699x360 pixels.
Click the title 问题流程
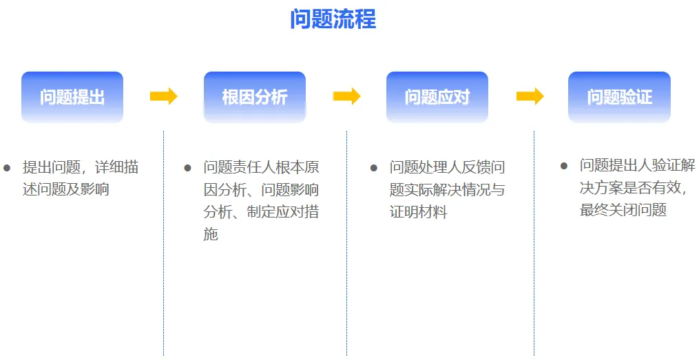333,19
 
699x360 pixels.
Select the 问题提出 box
72,97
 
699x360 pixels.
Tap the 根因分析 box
255,97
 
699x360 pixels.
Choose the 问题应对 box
437,97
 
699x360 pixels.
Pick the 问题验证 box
619,97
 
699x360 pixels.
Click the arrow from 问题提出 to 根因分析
163,96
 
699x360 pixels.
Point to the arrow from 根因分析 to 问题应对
346,96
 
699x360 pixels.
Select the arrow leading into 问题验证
530,96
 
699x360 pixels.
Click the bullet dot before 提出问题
7,167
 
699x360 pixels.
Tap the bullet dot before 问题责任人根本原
187,167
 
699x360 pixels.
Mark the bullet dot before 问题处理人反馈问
373,167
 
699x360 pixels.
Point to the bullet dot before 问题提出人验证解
564,166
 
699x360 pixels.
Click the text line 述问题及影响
65,189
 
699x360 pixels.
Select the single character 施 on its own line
211,234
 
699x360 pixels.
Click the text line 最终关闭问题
623,210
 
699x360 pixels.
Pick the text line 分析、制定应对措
261,212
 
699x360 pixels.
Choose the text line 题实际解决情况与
447,190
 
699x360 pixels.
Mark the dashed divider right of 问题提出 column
163,241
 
